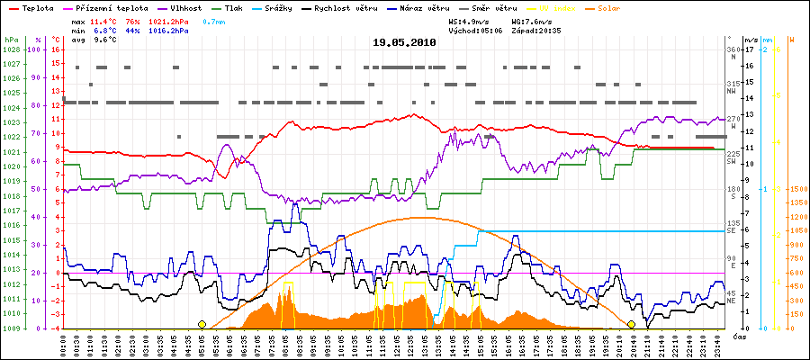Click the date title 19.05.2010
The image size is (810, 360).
click(x=404, y=41)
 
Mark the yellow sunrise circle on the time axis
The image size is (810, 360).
click(x=202, y=324)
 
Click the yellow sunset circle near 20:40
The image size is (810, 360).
click(x=632, y=324)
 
